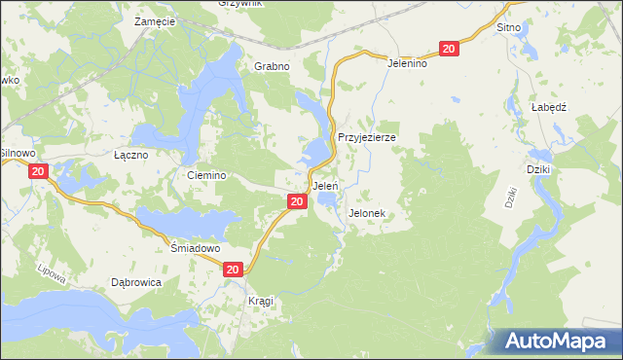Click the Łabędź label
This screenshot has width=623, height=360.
point(549,107)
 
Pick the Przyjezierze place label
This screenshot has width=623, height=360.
point(366,137)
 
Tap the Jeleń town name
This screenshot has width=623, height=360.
point(324,185)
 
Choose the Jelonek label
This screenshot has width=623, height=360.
point(367,212)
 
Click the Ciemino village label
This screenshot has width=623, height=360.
point(206,175)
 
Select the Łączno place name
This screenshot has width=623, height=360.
point(130,155)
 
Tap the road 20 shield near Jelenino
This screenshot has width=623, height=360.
point(449,49)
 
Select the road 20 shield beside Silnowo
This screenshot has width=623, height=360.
point(38,171)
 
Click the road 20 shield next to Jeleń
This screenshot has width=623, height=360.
point(298,201)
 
